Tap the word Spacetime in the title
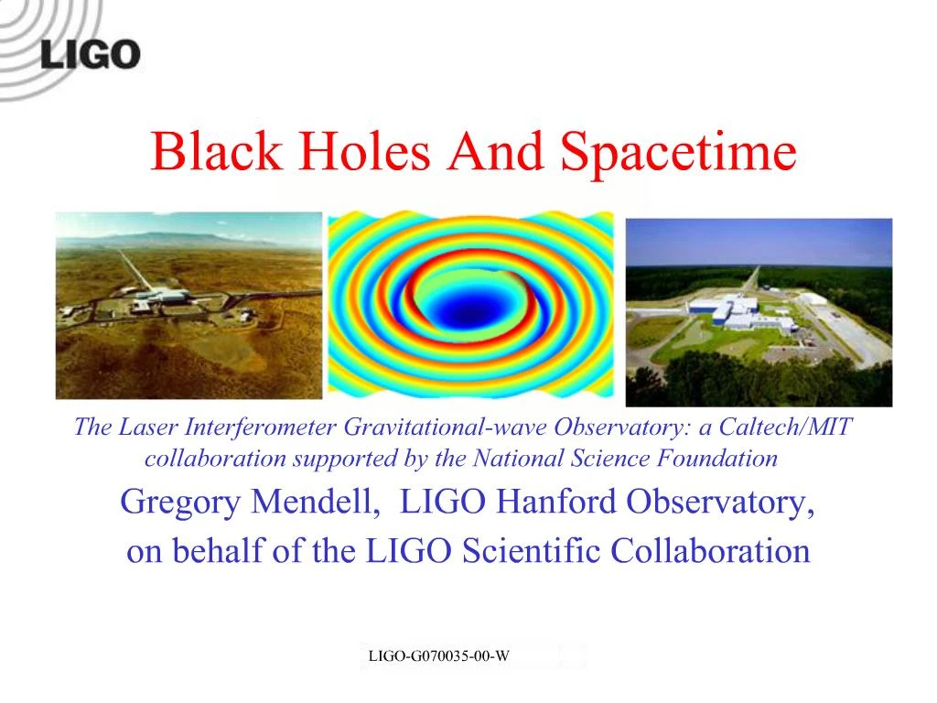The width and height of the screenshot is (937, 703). [678, 151]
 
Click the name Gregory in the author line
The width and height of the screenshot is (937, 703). [172, 503]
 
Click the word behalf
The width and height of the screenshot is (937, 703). [206, 551]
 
